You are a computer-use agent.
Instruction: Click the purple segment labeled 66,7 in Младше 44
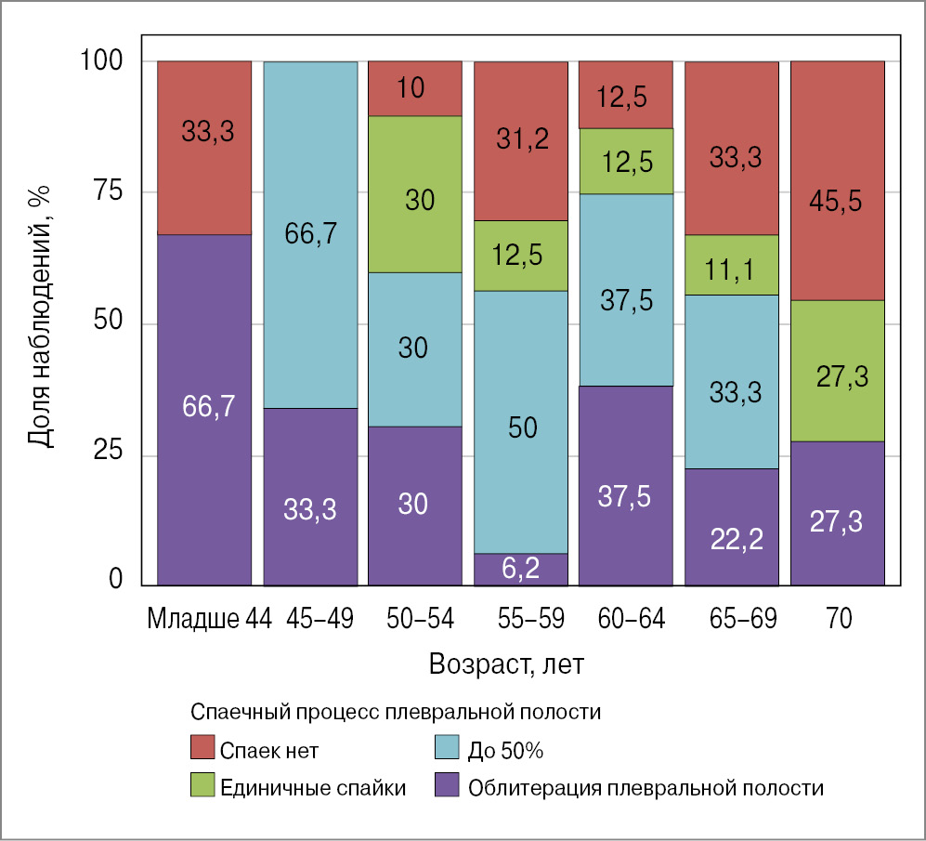point(203,409)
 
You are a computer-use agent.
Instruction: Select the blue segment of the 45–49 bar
point(310,234)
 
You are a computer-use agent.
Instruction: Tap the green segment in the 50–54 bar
point(415,193)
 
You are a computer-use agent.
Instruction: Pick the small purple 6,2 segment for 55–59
point(520,569)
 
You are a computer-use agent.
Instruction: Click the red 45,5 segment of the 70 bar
point(837,180)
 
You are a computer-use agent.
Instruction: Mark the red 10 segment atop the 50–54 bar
point(415,88)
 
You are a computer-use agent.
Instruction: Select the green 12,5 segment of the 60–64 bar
point(625,161)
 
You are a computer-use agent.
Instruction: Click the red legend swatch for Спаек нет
point(202,747)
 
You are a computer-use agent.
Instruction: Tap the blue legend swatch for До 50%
point(448,747)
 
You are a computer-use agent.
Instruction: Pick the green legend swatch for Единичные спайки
point(202,787)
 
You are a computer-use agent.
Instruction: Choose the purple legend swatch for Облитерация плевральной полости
point(448,787)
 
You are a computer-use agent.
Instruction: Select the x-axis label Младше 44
point(209,619)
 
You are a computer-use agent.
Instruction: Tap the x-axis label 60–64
point(625,619)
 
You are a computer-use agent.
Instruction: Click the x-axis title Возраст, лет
point(507,665)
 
